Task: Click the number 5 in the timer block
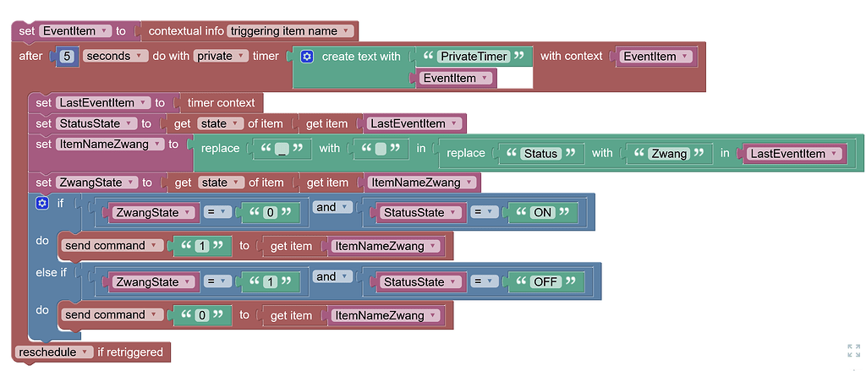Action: pos(68,56)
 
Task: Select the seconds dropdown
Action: pos(112,56)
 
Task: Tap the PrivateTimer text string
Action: pos(474,57)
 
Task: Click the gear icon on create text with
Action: pos(307,57)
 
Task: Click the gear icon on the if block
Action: pos(42,204)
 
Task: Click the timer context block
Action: pos(221,103)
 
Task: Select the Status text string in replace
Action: pos(540,153)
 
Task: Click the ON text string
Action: pos(542,213)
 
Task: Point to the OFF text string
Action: pos(546,281)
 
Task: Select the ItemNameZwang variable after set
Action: pos(109,145)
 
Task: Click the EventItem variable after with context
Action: pos(655,57)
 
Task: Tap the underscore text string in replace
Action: pos(282,150)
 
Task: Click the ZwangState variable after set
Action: pos(96,183)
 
